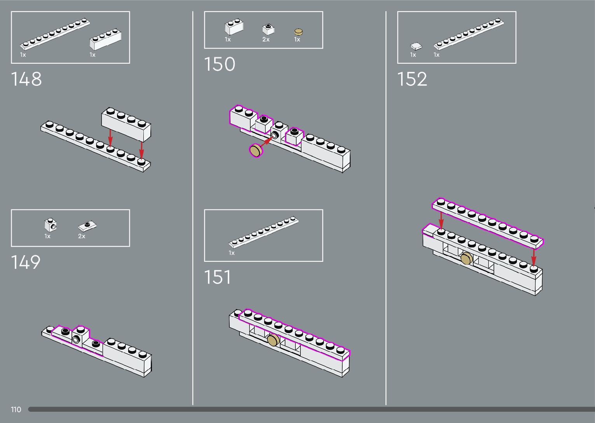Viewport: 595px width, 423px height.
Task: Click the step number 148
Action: (26, 79)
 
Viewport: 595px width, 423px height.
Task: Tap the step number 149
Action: (26, 262)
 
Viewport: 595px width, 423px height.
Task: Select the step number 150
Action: (220, 64)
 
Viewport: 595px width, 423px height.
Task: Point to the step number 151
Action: (218, 277)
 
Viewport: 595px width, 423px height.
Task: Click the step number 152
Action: (412, 79)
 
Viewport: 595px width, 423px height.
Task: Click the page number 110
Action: (16, 409)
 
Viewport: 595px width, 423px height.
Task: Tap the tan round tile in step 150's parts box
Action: (298, 32)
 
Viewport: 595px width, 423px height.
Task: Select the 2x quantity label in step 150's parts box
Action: (266, 40)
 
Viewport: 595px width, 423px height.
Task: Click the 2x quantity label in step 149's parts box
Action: (82, 236)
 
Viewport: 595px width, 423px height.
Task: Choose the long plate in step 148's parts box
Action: (55, 34)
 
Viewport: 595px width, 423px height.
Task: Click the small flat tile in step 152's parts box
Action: (416, 46)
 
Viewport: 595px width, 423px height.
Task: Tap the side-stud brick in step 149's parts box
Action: (51, 225)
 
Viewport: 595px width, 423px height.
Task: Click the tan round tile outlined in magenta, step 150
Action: (256, 150)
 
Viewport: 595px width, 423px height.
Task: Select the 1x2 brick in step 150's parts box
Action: (234, 27)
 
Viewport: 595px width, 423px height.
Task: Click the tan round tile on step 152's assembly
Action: (466, 258)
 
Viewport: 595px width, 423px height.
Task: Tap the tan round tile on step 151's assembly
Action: (273, 340)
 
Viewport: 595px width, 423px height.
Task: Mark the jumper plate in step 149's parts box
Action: (87, 225)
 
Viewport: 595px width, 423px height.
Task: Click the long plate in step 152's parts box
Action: (469, 34)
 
